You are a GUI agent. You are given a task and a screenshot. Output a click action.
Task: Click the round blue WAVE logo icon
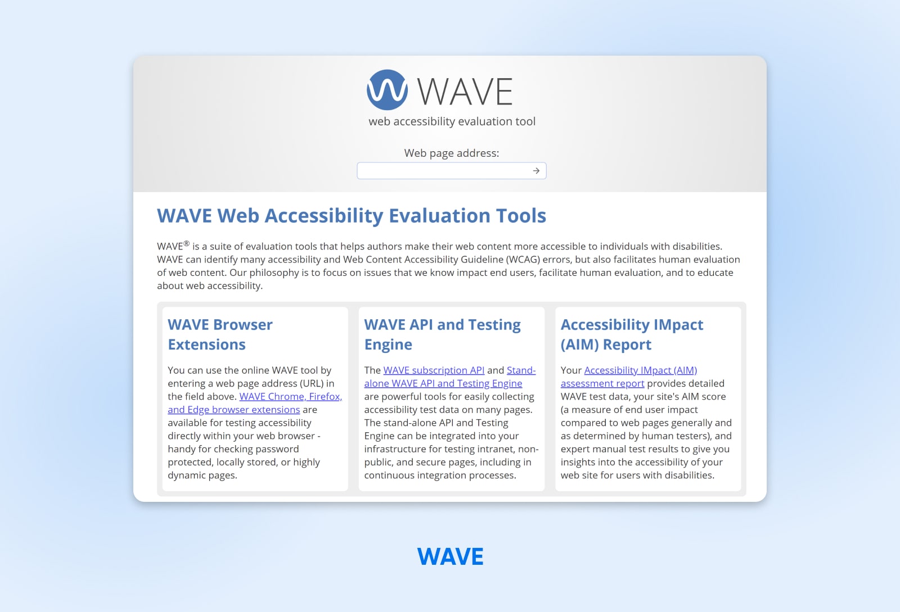(387, 90)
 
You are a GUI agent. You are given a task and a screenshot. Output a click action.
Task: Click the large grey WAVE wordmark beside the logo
(465, 92)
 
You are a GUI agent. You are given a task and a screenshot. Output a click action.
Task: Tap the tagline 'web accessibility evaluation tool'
(452, 121)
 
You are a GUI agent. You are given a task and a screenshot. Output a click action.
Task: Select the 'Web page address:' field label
(451, 153)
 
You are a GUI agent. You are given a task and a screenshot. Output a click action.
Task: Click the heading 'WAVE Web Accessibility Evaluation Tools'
(352, 216)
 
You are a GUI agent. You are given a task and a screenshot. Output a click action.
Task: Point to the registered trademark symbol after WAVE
(187, 243)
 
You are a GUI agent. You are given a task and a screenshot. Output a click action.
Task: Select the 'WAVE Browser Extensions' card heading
(220, 334)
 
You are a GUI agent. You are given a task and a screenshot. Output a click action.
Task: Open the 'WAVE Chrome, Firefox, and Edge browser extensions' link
(290, 397)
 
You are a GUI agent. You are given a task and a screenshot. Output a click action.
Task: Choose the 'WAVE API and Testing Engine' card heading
(442, 334)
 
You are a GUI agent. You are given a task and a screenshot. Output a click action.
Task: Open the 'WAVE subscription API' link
(434, 370)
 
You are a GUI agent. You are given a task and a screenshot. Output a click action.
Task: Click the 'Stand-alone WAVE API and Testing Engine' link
(443, 383)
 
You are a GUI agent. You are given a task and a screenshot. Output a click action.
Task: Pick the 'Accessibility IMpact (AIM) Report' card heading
(632, 334)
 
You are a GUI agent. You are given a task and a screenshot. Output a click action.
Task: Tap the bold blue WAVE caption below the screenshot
(450, 556)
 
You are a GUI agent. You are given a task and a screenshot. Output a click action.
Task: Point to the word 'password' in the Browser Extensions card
(276, 449)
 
